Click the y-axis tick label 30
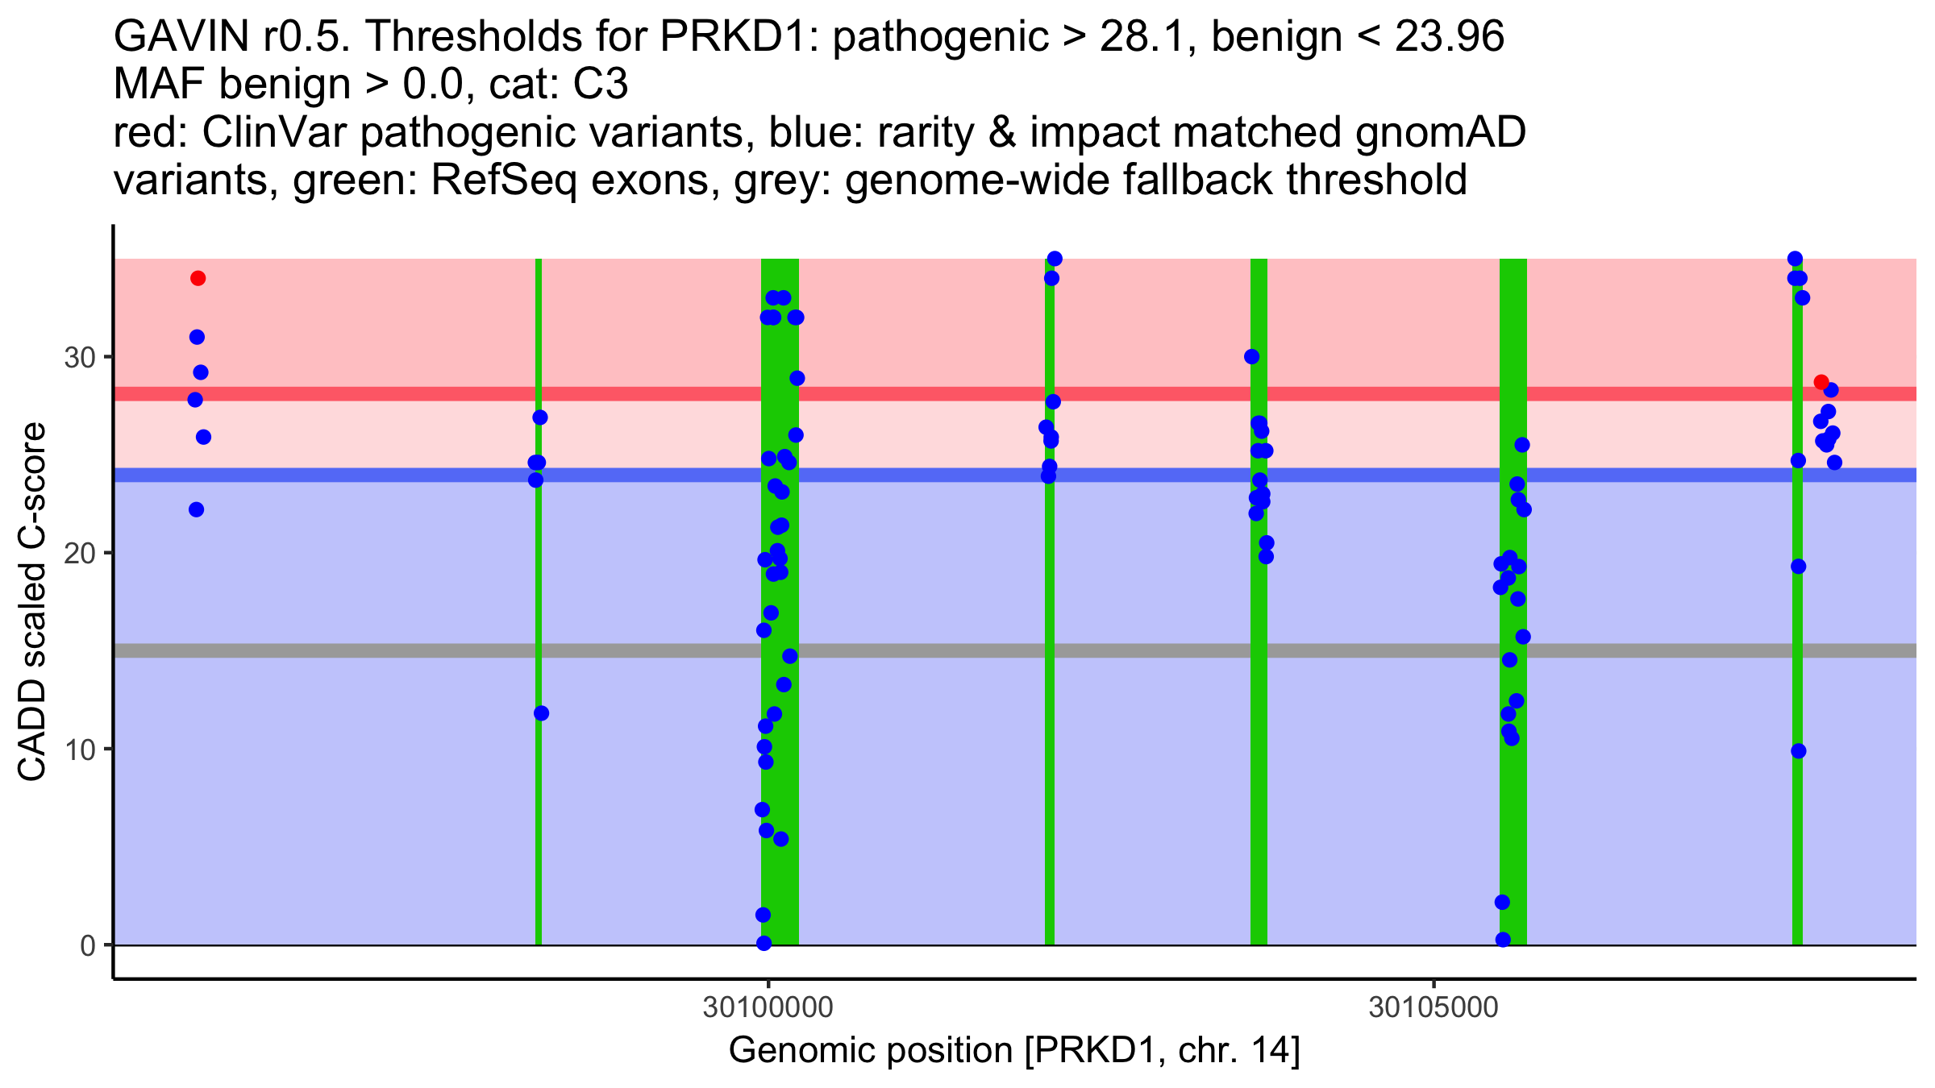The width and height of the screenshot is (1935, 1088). [80, 357]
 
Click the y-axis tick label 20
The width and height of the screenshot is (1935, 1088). [80, 554]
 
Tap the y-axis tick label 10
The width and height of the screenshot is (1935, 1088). [80, 750]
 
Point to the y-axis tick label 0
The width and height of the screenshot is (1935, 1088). [88, 945]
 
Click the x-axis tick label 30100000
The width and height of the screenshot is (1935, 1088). [768, 1008]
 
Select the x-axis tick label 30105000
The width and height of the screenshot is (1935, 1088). [1434, 1008]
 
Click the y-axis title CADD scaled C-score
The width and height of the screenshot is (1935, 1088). [32, 603]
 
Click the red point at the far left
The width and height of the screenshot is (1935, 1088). [198, 279]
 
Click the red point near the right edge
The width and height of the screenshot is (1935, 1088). [1821, 382]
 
